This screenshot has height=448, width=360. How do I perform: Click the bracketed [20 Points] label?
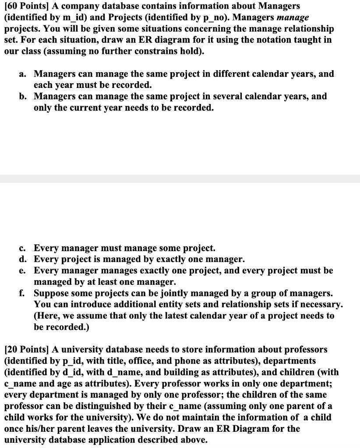(26, 350)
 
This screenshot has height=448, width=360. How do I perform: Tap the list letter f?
(22, 293)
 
